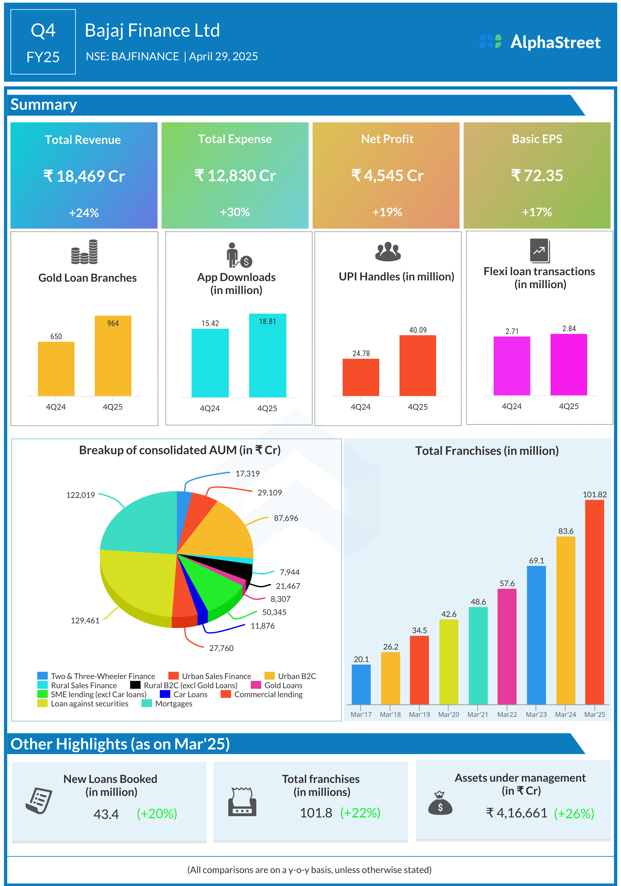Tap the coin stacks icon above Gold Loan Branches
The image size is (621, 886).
coord(84,252)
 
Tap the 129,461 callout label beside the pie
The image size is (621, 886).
coord(85,620)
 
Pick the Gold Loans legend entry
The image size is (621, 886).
coord(283,685)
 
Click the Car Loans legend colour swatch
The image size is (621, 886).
coord(165,694)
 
